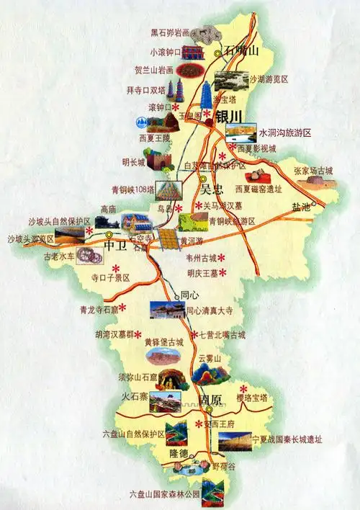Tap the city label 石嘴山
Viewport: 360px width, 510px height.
[240, 50]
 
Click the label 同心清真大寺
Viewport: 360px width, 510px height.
[210, 312]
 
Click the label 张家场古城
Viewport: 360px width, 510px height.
[313, 171]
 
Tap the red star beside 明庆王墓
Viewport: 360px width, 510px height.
[222, 272]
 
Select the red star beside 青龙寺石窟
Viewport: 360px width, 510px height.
[122, 308]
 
